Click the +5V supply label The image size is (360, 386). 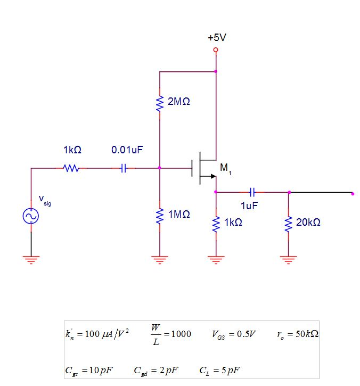(x=215, y=38)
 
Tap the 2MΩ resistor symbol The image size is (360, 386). (x=159, y=103)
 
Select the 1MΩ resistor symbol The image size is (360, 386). (x=159, y=216)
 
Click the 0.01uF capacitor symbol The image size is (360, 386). (x=124, y=168)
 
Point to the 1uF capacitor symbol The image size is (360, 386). (x=252, y=192)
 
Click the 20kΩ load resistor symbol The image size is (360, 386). (x=289, y=224)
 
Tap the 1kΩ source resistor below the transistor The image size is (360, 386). (x=216, y=224)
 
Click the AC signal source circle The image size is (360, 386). (x=30, y=216)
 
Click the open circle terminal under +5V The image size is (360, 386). (x=216, y=50)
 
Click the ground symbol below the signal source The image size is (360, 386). (x=30, y=260)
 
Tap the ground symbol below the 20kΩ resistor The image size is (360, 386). (x=289, y=260)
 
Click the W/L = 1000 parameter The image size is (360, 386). (x=170, y=334)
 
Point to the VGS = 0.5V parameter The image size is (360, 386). (x=234, y=334)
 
